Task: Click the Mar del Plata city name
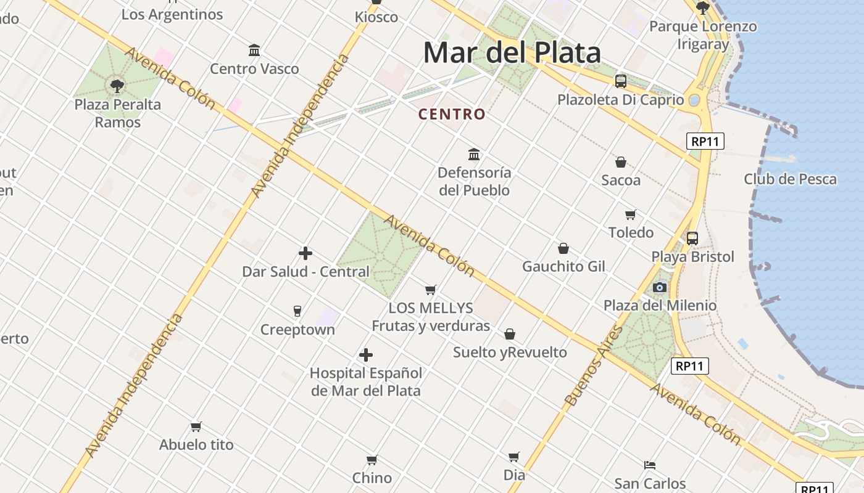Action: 512,53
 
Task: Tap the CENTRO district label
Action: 452,114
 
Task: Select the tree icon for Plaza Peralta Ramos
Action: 117,86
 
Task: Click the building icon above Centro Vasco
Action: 254,50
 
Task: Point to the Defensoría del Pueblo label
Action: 474,181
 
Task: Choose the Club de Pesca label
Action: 790,179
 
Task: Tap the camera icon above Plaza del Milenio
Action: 660,287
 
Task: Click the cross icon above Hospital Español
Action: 366,355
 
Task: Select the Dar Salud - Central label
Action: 305,272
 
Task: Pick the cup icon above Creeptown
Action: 297,311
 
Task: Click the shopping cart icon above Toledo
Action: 630,214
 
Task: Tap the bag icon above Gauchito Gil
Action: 563,248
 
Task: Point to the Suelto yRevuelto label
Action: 510,352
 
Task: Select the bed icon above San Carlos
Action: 650,465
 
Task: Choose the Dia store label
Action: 514,475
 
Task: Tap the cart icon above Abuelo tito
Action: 196,426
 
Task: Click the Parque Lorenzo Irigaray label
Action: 703,35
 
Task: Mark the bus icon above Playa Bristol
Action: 692,238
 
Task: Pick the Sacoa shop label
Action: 621,181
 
